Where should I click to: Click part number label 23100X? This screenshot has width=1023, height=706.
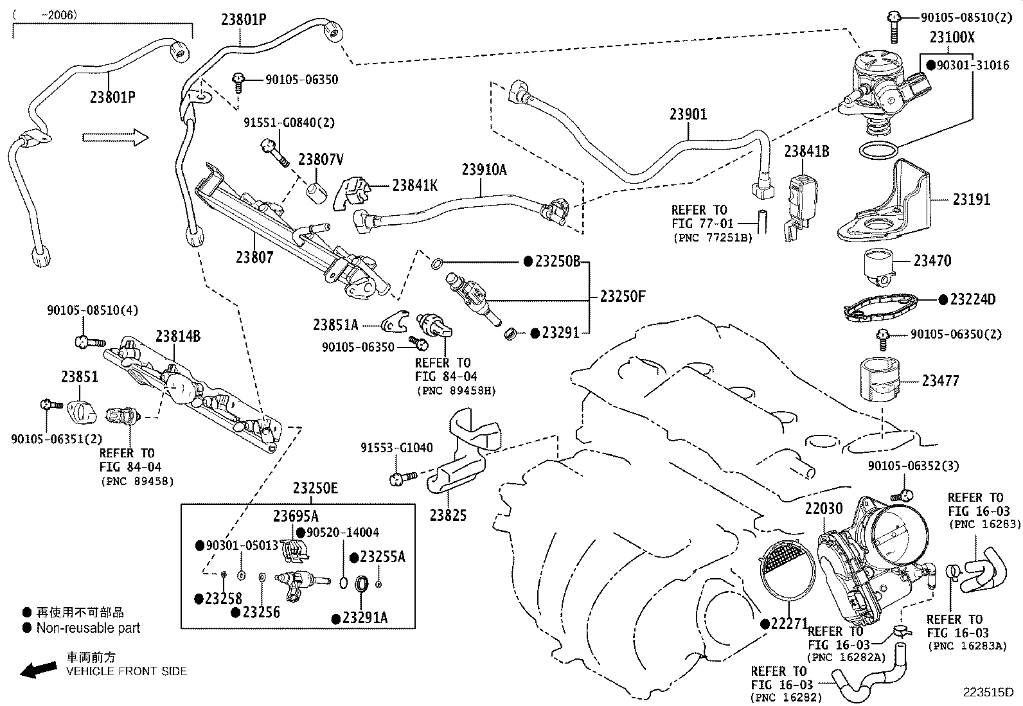(x=952, y=38)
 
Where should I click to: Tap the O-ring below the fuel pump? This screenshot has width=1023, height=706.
(x=878, y=152)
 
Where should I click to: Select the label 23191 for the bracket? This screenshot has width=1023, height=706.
(x=971, y=200)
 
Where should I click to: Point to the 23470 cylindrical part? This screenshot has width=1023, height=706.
(x=880, y=266)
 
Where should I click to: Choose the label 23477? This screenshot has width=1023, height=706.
(x=940, y=381)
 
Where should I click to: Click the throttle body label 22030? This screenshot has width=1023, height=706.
(x=824, y=509)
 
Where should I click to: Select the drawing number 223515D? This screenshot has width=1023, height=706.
(x=987, y=693)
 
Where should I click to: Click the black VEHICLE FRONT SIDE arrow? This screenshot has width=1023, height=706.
(x=38, y=670)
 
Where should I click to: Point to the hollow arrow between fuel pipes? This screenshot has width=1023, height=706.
(x=115, y=137)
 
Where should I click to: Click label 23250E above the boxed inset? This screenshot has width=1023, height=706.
(x=315, y=488)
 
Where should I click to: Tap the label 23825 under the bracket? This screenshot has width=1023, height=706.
(x=448, y=515)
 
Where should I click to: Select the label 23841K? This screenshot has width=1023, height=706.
(x=414, y=185)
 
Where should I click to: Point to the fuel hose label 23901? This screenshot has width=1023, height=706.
(x=688, y=114)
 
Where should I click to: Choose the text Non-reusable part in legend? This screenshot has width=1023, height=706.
(x=88, y=628)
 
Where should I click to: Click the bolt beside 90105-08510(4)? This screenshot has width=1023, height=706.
(x=89, y=341)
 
